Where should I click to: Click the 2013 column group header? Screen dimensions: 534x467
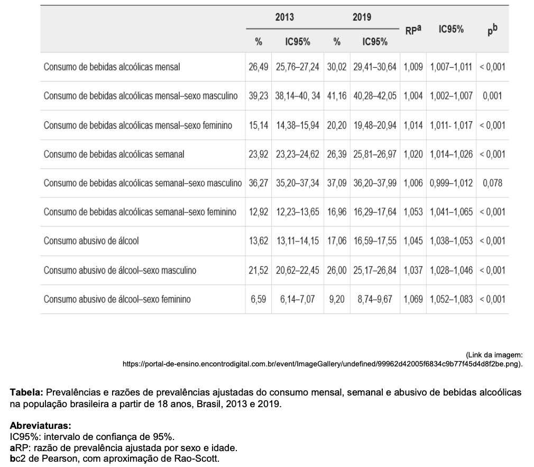284,17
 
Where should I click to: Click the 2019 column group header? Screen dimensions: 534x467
362,17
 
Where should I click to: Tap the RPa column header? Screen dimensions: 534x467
413,30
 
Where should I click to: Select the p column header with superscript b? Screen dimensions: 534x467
492,30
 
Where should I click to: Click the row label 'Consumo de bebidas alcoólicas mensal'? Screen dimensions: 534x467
112,67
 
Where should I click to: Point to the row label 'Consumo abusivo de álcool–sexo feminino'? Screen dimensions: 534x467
117,299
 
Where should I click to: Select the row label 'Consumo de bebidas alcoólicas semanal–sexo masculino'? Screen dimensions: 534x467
143,183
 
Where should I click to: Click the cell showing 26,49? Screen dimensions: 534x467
258,67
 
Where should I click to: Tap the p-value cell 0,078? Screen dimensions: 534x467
492,183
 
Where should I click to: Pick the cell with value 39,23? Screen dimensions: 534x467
258,96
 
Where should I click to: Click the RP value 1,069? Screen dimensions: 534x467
413,299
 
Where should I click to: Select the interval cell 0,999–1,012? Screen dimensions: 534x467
451,183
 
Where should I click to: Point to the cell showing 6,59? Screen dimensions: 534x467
258,299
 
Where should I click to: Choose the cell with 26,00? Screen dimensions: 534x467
337,270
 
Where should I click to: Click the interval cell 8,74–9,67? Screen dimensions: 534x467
375,299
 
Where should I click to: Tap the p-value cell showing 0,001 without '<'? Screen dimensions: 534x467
492,96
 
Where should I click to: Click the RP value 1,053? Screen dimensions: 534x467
413,212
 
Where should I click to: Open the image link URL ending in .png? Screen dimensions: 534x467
323,364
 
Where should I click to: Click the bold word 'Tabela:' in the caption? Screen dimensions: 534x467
26,392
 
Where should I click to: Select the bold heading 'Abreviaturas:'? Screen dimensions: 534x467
41,425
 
